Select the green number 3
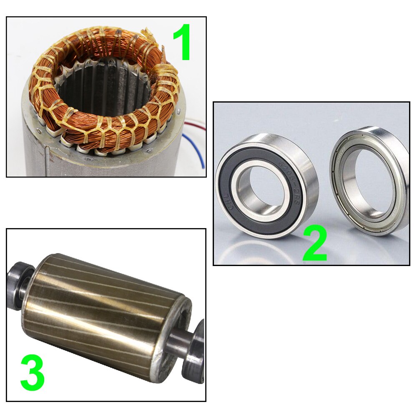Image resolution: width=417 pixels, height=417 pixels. tap(32, 373)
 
